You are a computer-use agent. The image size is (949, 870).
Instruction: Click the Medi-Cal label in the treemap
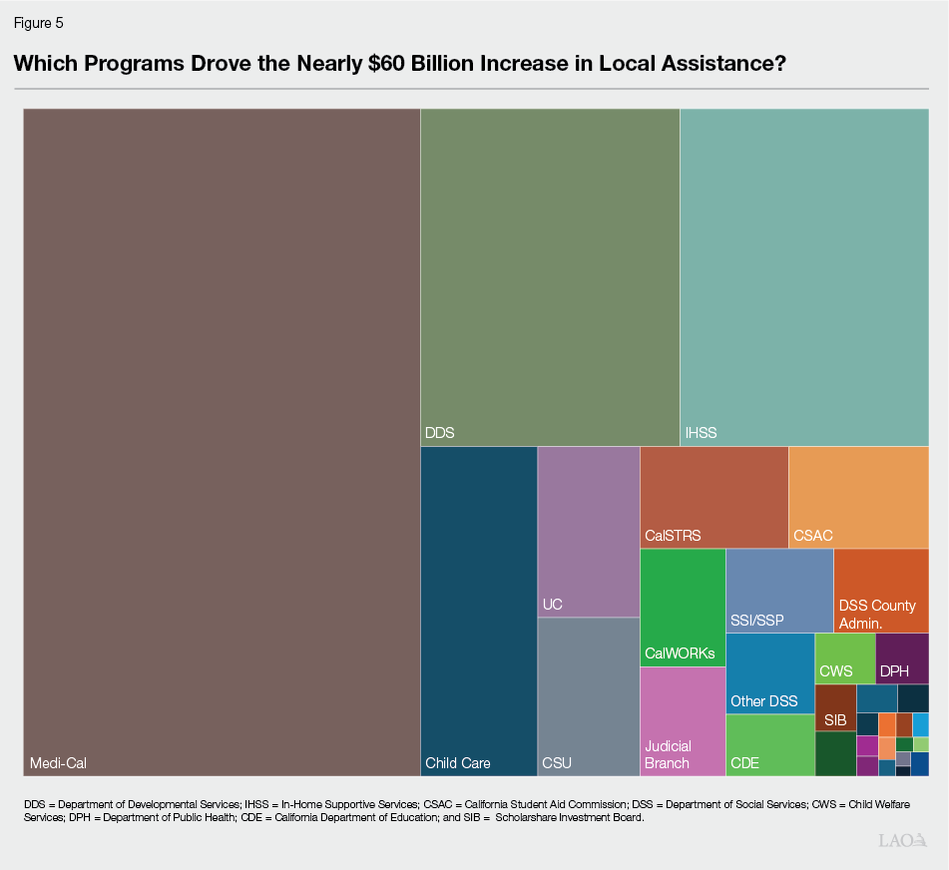(58, 763)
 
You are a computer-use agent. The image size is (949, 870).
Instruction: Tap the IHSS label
(701, 433)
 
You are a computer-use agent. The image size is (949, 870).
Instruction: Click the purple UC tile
(589, 531)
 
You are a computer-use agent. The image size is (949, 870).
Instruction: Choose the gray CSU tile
(589, 696)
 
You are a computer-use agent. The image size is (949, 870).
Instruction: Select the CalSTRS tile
(713, 497)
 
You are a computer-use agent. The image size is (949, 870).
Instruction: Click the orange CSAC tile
(858, 497)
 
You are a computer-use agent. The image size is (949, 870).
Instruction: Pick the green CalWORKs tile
(683, 607)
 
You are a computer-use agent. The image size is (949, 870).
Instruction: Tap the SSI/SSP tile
(779, 590)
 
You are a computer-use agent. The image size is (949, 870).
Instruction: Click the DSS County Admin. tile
(881, 590)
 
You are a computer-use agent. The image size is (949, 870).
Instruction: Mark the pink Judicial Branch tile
(683, 721)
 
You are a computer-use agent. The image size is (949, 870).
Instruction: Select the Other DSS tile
(769, 673)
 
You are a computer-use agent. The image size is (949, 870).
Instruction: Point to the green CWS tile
(845, 658)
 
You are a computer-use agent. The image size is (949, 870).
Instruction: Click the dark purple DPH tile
(902, 658)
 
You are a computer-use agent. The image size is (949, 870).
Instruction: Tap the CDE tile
(769, 745)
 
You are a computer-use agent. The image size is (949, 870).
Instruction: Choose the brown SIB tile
(835, 707)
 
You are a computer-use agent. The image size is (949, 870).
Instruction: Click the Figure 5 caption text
(39, 22)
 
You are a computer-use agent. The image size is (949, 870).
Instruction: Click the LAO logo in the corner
(903, 840)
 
